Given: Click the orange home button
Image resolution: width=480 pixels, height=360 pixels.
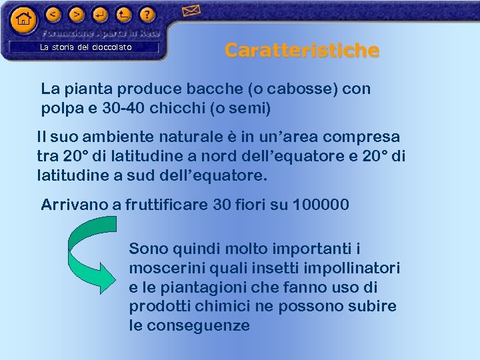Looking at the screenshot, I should [x=24, y=19].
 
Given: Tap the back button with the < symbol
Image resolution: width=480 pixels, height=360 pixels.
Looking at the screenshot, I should [x=54, y=13].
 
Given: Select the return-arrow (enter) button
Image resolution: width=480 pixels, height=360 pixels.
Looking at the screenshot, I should [x=100, y=13].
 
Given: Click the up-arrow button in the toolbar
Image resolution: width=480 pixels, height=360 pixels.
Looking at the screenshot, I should [x=123, y=13].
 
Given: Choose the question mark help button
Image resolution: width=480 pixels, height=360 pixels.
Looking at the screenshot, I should [x=147, y=13].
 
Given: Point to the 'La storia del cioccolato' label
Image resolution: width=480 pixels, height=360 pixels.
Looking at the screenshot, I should [x=86, y=47].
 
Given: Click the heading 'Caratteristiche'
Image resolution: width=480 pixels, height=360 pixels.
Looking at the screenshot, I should [x=302, y=50].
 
